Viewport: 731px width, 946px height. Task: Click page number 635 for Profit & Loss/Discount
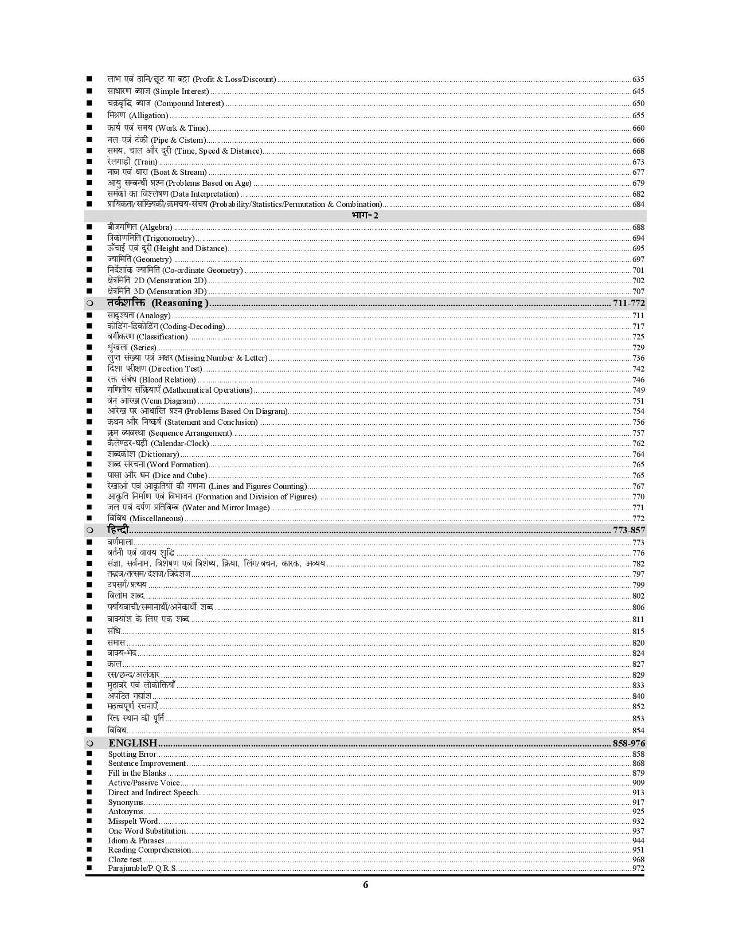(638, 80)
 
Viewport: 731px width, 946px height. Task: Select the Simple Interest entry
(158, 91)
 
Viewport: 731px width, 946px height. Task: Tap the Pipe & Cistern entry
(156, 140)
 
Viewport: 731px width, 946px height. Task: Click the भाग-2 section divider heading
(365, 216)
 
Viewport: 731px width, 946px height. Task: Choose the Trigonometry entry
(151, 238)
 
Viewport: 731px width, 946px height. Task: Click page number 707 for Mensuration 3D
(638, 291)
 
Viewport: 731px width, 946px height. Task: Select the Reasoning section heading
(158, 303)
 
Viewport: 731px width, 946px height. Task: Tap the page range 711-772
(628, 303)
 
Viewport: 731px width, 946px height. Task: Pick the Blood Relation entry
(151, 380)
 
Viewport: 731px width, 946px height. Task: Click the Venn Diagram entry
(151, 401)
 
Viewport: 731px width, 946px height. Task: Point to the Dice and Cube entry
(157, 475)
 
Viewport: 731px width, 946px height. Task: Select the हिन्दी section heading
(119, 530)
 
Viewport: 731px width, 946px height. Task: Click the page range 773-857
(628, 530)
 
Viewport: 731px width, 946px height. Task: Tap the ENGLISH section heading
(132, 743)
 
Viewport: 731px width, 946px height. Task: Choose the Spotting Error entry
(132, 754)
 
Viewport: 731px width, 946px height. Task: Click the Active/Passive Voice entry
(144, 783)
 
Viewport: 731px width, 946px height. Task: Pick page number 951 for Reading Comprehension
(638, 850)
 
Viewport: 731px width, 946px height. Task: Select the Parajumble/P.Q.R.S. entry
(142, 868)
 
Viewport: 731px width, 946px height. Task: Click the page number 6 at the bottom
(365, 885)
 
